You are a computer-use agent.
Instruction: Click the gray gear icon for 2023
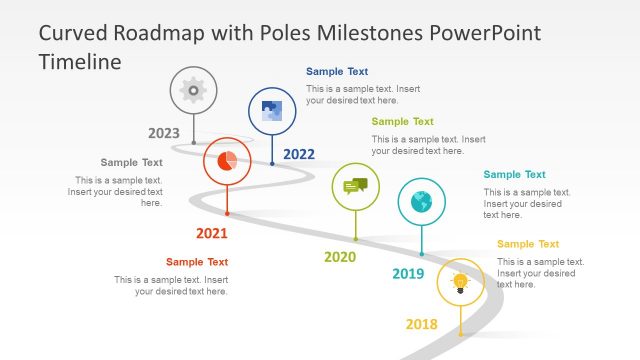click(193, 90)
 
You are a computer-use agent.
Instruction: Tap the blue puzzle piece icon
click(271, 111)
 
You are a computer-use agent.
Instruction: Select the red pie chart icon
click(227, 161)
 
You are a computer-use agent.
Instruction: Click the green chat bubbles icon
click(355, 186)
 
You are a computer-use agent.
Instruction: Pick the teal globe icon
click(421, 201)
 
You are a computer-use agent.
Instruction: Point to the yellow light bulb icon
click(460, 283)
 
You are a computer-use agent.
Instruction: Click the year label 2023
click(164, 133)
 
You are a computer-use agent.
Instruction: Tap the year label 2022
click(299, 154)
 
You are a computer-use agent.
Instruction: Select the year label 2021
click(211, 234)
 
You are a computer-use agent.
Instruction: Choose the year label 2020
click(340, 257)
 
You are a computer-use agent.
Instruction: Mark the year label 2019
click(408, 274)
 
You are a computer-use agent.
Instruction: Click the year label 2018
click(421, 324)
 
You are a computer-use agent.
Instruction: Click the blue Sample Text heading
click(337, 72)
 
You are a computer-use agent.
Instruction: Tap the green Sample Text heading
click(403, 122)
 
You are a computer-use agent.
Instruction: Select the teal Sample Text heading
click(515, 175)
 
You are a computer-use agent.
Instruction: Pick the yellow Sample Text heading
click(528, 244)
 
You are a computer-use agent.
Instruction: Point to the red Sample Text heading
click(197, 262)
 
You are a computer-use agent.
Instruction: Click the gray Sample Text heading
click(131, 162)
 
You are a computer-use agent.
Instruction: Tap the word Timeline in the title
click(80, 61)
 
